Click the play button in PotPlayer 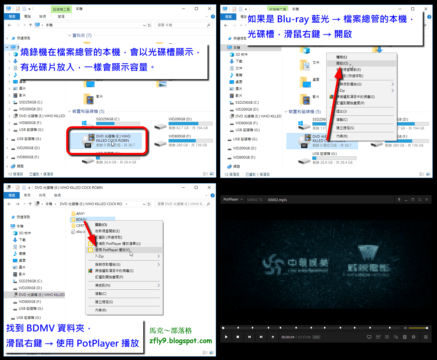226,337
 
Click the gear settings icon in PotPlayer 413,337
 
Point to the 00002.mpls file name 277,200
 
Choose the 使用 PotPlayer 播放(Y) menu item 112,250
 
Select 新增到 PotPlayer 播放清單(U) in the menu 118,244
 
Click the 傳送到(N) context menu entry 103,285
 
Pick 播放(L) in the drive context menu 342,57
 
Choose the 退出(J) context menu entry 341,111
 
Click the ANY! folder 80,213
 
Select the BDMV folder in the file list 81,219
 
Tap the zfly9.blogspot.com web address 180,341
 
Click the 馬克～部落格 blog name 171,331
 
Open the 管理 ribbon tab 61,17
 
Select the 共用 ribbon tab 42,195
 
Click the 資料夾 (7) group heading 82,35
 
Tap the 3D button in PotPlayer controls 387,337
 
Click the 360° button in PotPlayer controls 378,337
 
